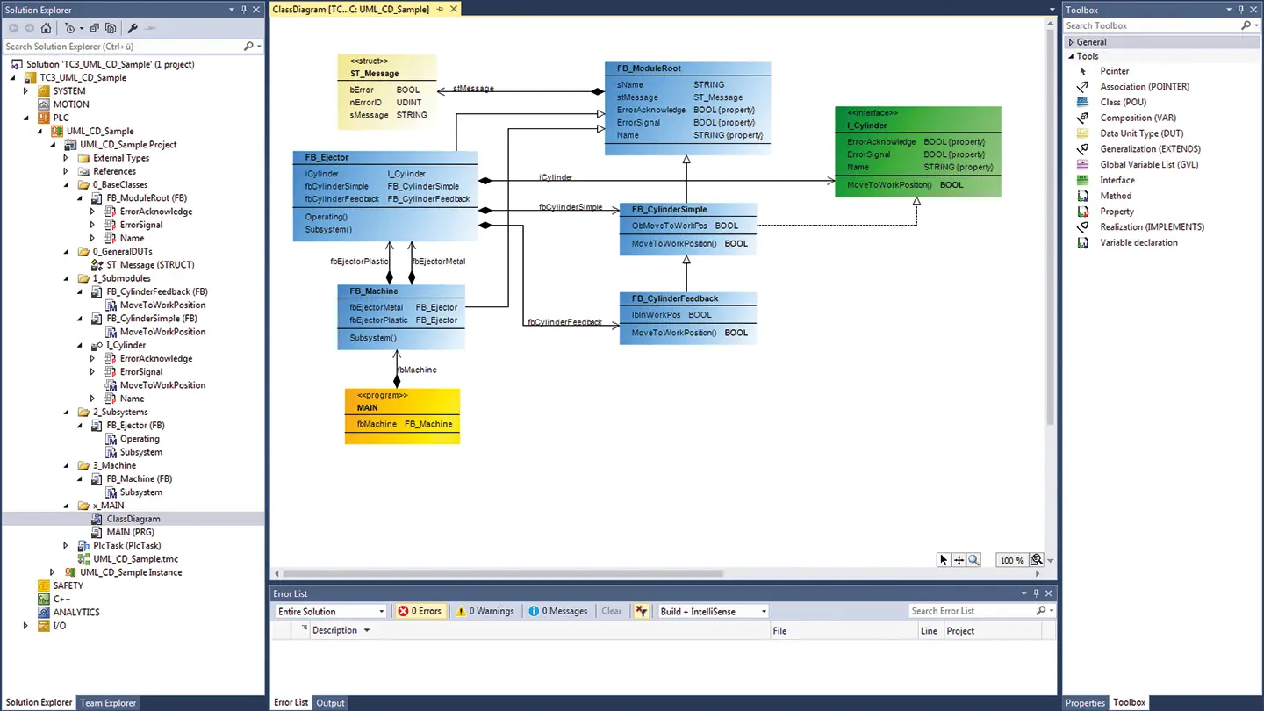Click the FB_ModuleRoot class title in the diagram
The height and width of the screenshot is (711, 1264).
[649, 68]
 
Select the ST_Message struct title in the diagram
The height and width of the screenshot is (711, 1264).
[374, 74]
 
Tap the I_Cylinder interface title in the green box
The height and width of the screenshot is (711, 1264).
[866, 126]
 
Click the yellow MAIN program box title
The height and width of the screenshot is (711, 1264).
[367, 407]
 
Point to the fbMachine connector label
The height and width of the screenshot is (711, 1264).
[417, 370]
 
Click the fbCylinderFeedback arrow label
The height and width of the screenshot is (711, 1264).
[565, 322]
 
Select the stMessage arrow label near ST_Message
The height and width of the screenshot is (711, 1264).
[473, 88]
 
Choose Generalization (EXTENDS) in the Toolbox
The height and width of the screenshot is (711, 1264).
[1150, 149]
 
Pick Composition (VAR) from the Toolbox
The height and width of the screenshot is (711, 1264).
[1138, 118]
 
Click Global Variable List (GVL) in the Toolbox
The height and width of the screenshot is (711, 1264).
[1149, 165]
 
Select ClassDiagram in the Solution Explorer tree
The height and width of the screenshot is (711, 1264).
[133, 519]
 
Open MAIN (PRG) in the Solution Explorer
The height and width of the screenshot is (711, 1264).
[130, 532]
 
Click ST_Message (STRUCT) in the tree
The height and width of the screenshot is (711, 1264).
[150, 265]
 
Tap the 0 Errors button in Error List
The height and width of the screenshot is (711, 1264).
[420, 611]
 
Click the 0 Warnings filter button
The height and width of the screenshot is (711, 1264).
[485, 611]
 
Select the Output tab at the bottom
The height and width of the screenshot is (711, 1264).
[330, 702]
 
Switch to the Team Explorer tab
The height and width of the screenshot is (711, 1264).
[108, 702]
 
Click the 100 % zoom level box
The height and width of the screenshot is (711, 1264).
[1012, 560]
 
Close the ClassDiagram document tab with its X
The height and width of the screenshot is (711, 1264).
[453, 9]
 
